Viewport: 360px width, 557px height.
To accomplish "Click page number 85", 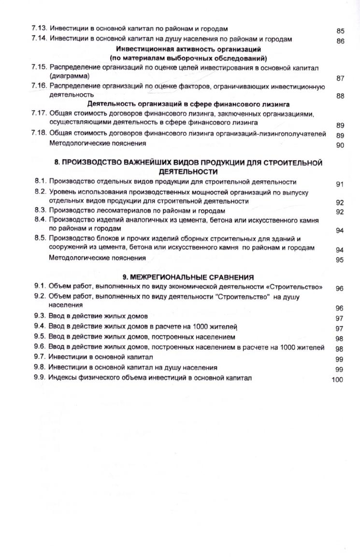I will coord(340,31).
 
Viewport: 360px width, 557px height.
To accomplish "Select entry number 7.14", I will coord(40,39).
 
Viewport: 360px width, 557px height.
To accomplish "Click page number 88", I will coord(340,96).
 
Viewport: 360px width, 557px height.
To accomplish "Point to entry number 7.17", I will coord(40,114).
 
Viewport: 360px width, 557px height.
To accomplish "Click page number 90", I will coord(340,145).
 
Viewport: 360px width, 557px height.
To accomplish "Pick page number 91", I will coord(340,184).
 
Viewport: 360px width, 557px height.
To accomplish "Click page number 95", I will coord(340,260).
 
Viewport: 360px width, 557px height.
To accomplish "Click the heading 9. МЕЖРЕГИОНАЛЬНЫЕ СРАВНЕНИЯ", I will coord(188,277).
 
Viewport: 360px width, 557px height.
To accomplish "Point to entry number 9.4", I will coord(40,327).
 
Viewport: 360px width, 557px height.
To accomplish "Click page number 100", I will coord(337,380).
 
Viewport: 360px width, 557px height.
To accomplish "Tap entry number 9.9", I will coord(40,377).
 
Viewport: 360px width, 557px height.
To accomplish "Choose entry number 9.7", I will coord(40,357).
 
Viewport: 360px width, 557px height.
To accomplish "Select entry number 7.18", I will coord(40,133).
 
